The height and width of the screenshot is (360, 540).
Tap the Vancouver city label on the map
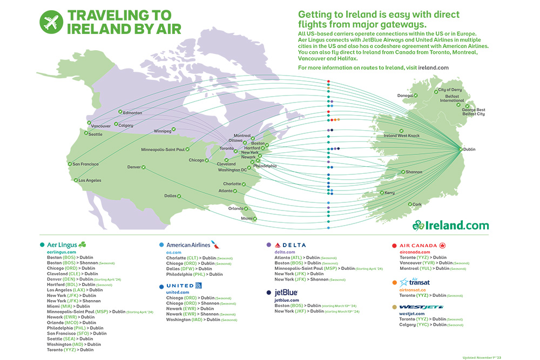click(101, 126)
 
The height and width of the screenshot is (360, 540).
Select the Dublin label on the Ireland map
click(469, 150)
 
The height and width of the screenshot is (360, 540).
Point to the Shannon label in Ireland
click(414, 172)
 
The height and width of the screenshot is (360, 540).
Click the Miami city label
click(247, 218)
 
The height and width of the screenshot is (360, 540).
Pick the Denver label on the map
click(134, 167)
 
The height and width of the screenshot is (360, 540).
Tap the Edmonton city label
click(132, 113)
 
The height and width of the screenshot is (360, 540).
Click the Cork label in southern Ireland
click(417, 205)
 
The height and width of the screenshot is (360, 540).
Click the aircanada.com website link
click(415, 252)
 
